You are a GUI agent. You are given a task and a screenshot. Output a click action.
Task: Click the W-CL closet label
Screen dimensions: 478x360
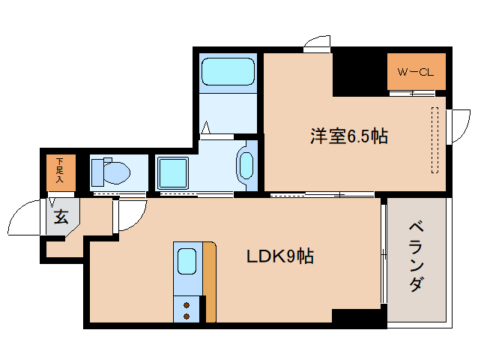(415, 73)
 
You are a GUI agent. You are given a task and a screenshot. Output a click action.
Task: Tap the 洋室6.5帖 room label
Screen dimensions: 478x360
(349, 136)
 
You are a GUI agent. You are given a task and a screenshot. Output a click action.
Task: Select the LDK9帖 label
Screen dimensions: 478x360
(280, 256)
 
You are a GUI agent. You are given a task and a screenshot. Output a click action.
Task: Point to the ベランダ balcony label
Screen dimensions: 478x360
(417, 257)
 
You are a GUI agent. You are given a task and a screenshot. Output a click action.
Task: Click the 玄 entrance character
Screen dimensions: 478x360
(61, 217)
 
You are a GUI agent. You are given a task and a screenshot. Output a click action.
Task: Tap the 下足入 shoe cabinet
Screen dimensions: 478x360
(61, 172)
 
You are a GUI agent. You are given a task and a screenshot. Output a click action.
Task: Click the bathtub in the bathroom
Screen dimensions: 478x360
(228, 72)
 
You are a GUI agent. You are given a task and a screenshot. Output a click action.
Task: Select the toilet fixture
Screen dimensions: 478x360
(111, 172)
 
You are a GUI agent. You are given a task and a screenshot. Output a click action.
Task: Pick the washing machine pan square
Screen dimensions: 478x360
(172, 172)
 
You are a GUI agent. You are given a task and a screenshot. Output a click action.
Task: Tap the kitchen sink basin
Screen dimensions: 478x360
(187, 261)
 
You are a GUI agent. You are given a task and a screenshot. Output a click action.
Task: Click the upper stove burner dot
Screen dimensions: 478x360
(187, 305)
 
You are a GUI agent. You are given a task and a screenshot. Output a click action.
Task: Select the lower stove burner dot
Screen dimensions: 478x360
(187, 316)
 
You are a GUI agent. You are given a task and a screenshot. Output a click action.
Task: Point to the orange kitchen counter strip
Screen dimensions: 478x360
(210, 282)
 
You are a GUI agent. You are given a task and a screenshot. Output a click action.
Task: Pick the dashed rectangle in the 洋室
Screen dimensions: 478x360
(435, 140)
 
